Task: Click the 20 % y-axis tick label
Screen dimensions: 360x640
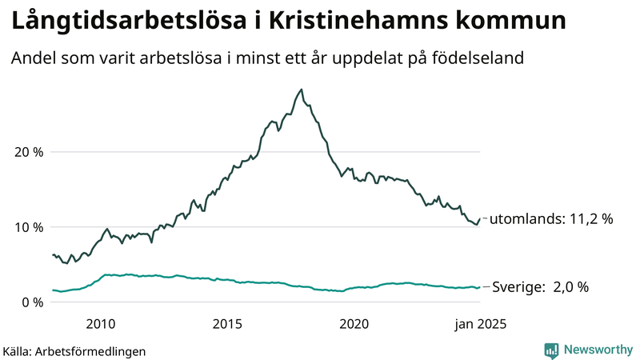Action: pyautogui.click(x=27, y=152)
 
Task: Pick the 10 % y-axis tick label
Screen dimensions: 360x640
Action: pyautogui.click(x=27, y=227)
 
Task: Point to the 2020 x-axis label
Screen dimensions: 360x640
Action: pyautogui.click(x=354, y=324)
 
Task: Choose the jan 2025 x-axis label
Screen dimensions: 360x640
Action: pyautogui.click(x=481, y=324)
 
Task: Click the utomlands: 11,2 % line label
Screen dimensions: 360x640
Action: pyautogui.click(x=550, y=218)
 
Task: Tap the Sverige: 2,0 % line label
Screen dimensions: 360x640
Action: pyautogui.click(x=540, y=287)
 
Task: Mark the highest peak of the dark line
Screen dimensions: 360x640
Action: pyautogui.click(x=302, y=90)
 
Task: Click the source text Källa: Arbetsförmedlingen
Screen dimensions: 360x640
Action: pyautogui.click(x=74, y=350)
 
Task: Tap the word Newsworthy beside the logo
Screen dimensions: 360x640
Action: pyautogui.click(x=597, y=350)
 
